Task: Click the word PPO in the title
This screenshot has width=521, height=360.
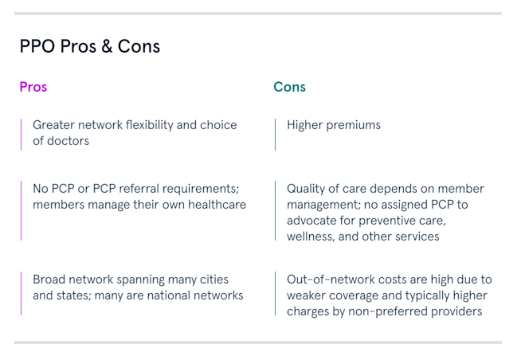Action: coord(37,46)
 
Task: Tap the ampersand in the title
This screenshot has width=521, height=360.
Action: coord(107,46)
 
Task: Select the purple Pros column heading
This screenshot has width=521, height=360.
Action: coord(33,87)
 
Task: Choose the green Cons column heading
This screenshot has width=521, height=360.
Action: coord(289,87)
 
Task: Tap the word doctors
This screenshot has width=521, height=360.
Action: coord(69,141)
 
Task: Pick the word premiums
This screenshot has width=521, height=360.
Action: coord(353,126)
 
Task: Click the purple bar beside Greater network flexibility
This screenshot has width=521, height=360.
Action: coord(21,135)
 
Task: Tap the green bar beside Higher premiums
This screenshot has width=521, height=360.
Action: coord(275,135)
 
